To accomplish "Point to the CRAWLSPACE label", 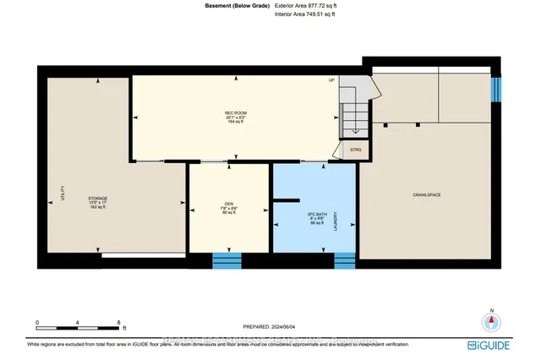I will point(428,195).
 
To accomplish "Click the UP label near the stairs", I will point(332,80).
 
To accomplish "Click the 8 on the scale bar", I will point(119,323).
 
